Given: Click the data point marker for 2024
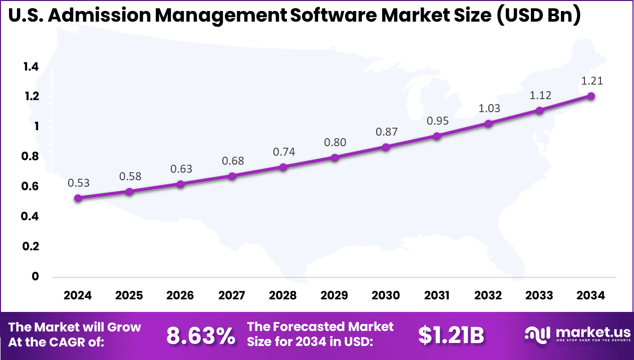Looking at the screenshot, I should tap(78, 198).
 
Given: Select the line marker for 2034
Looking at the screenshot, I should tap(591, 96).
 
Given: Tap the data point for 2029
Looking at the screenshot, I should tap(335, 158).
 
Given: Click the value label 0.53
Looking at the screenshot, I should tap(79, 183).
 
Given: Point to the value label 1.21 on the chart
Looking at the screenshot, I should tap(592, 81).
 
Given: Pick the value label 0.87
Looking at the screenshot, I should tap(386, 132).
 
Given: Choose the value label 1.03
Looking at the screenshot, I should tap(489, 108).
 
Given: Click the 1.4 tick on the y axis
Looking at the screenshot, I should tap(31, 67).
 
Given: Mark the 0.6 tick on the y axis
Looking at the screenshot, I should tap(31, 187).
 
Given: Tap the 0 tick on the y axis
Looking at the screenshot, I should tap(35, 276).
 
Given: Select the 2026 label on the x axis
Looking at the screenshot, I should tap(180, 295).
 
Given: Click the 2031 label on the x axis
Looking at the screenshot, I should tap(437, 295).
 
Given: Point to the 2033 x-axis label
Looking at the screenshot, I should tap(539, 295).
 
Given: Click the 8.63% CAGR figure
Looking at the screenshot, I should tap(200, 336).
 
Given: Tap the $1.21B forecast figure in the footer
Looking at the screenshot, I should tap(451, 336).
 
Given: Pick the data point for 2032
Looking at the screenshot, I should tap(488, 123).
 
